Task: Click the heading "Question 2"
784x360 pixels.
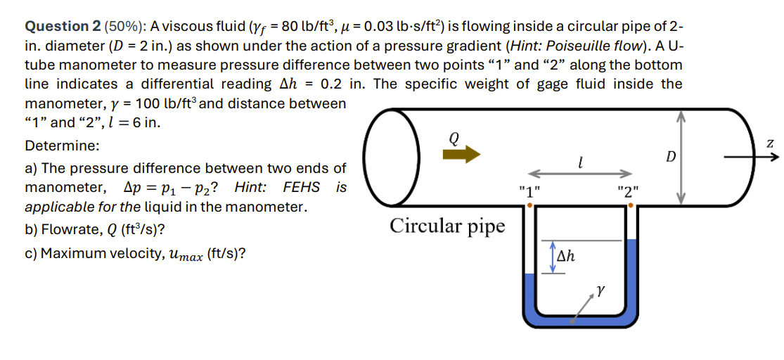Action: click(x=63, y=27)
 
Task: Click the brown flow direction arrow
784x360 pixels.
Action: click(x=461, y=155)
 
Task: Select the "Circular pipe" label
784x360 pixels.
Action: click(x=447, y=226)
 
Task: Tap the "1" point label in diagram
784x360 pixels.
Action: click(x=529, y=191)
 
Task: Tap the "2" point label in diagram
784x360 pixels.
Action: click(x=628, y=191)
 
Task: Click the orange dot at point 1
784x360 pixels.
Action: click(x=529, y=205)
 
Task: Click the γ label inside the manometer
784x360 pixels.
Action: click(x=600, y=288)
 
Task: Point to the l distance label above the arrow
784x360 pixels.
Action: click(x=578, y=163)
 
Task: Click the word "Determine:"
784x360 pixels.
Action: click(x=62, y=146)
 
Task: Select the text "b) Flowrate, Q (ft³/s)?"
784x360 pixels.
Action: click(x=95, y=231)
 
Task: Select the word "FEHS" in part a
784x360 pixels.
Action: click(x=301, y=188)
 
